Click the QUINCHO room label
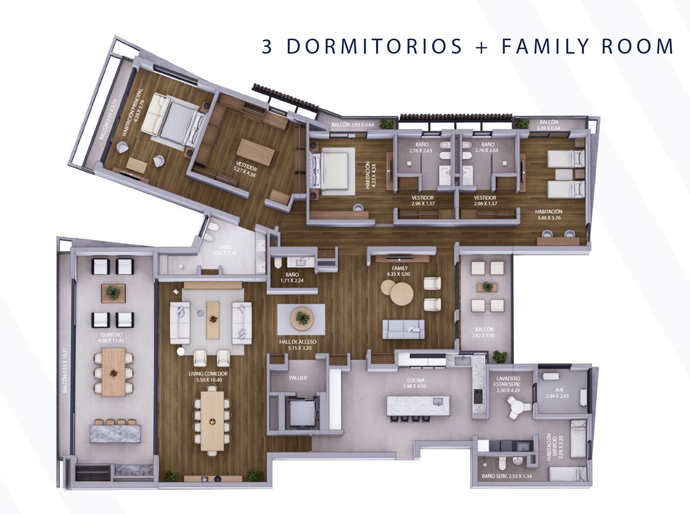(111, 335)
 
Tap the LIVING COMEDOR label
(208, 374)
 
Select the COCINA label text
(416, 380)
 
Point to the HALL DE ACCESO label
(298, 342)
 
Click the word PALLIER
(298, 378)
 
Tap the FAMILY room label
(400, 268)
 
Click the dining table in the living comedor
(212, 421)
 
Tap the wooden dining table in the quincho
(113, 372)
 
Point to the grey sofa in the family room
(404, 329)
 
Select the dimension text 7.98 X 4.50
(415, 386)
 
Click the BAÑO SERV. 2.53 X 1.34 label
(507, 476)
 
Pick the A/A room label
(559, 390)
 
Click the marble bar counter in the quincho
(115, 434)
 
